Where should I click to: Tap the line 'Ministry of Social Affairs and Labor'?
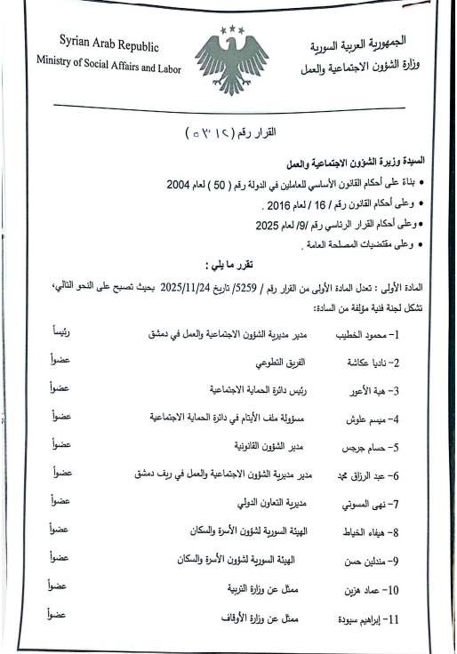[108, 63]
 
